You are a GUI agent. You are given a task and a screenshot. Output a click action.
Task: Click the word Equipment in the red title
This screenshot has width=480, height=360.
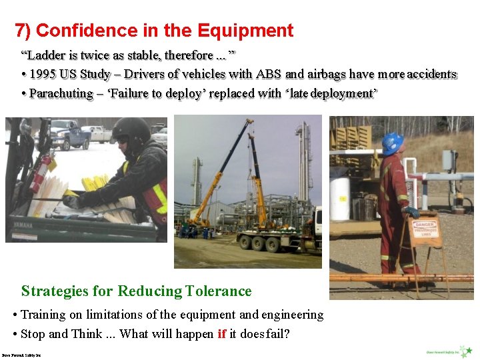[246, 31]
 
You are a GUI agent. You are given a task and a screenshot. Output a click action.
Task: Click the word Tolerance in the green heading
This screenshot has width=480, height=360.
[219, 291]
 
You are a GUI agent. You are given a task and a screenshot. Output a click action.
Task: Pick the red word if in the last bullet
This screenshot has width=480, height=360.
[221, 334]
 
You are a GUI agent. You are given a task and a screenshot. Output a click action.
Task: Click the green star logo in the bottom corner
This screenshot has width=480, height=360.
[468, 351]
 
